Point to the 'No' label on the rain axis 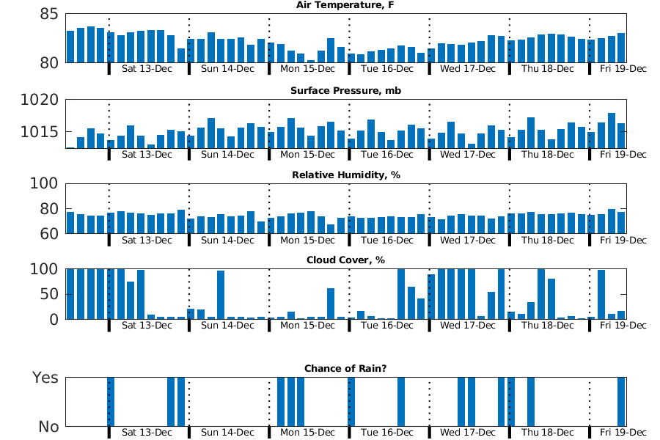tap(45, 426)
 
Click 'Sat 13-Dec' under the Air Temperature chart tap(147, 70)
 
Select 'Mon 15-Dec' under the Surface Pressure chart tap(307, 155)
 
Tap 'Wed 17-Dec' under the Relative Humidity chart tap(467, 241)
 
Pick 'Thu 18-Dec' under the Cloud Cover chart tap(547, 325)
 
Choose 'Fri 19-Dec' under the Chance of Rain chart tap(623, 433)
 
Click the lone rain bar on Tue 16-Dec tap(401, 402)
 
